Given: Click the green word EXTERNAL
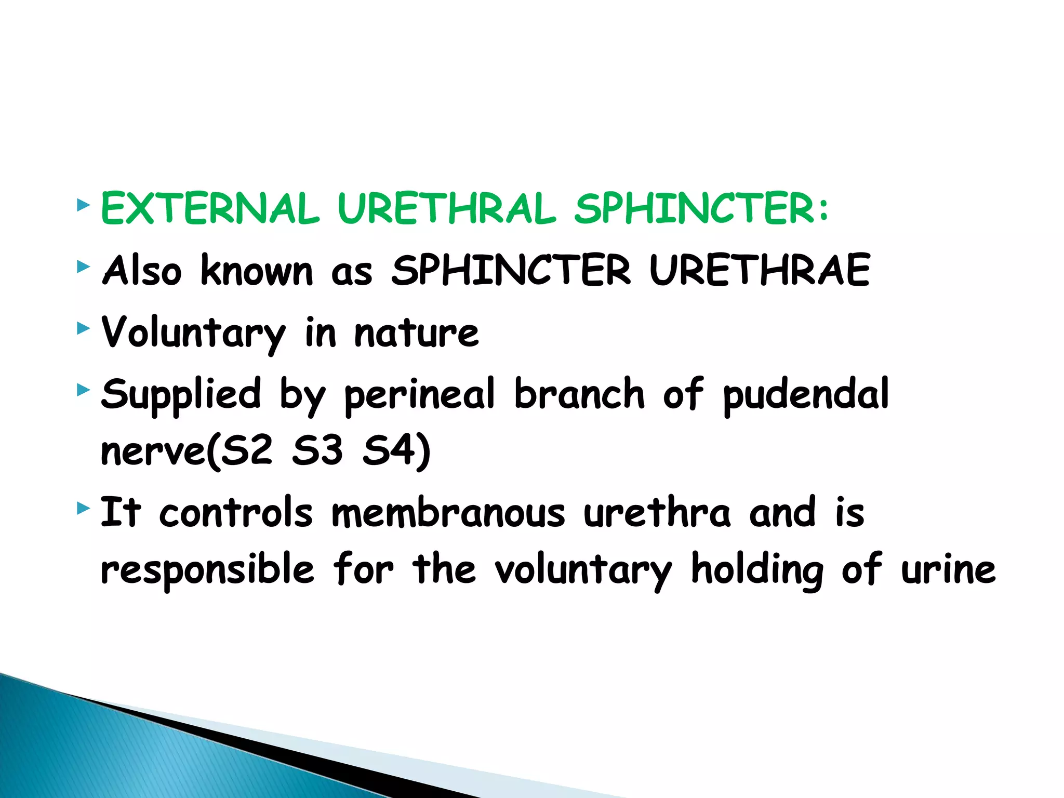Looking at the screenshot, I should click(x=210, y=209).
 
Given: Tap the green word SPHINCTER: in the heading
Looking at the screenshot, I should click(x=701, y=209).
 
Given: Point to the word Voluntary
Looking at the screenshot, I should click(x=193, y=333).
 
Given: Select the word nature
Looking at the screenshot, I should click(x=416, y=333).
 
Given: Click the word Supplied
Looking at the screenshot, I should click(x=181, y=394).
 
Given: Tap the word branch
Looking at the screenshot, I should click(x=579, y=394).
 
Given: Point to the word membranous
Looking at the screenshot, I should click(x=448, y=513).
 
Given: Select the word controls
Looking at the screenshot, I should click(x=236, y=513).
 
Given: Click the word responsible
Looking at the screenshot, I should click(x=207, y=569).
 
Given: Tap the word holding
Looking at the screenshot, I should click(x=757, y=570).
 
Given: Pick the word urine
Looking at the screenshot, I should click(x=948, y=570).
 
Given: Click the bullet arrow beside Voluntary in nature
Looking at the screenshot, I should click(x=83, y=328).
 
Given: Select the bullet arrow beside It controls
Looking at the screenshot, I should click(x=83, y=508).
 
